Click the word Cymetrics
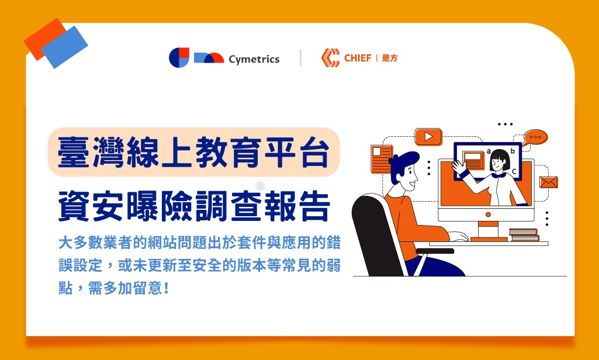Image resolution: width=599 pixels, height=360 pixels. point(254,59)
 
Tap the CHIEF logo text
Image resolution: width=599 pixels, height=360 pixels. point(358,58)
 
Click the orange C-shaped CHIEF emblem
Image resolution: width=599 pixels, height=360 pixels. point(330,58)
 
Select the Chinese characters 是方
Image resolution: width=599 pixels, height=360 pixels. point(390,58)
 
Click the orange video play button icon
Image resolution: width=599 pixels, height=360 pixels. point(428,137)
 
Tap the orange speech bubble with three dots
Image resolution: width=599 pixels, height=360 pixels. point(535,137)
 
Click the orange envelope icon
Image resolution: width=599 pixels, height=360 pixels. point(549,182)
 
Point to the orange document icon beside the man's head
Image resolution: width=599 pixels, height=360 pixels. point(381,159)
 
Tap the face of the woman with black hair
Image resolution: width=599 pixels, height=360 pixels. point(497,163)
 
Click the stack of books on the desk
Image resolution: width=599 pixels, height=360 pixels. point(524,235)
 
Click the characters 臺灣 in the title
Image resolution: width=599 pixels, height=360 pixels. point(92,152)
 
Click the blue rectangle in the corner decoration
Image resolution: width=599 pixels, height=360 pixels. point(64,47)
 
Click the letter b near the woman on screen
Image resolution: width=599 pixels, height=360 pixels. point(513,151)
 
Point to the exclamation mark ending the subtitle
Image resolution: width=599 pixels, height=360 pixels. point(166,288)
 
